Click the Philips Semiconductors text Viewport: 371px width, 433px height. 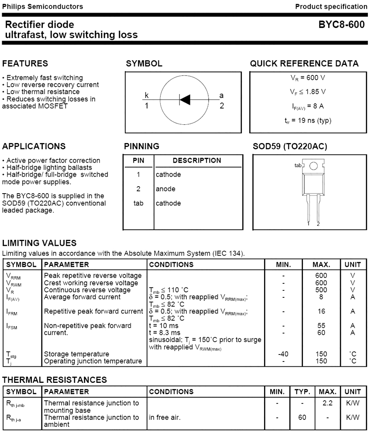(x=42, y=7)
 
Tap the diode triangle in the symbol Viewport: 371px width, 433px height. (x=185, y=100)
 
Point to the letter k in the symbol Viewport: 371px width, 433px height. (x=147, y=95)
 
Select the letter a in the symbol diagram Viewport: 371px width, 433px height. (x=221, y=95)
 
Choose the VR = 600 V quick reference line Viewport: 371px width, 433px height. (x=307, y=78)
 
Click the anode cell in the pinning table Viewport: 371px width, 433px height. (x=166, y=189)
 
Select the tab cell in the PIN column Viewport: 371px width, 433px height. (x=138, y=203)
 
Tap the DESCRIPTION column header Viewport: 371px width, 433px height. (x=197, y=160)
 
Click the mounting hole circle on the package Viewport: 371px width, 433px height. (x=313, y=166)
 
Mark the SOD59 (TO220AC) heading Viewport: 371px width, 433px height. (x=290, y=146)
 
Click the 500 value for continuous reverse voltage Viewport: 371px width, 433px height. (x=321, y=290)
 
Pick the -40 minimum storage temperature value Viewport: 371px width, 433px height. (x=283, y=354)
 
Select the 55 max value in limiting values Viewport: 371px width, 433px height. (x=321, y=326)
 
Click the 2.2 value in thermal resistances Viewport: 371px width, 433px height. (x=327, y=403)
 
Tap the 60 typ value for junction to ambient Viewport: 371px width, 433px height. (x=302, y=417)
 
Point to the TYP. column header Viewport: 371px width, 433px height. (x=302, y=392)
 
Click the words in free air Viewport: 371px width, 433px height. (x=165, y=417)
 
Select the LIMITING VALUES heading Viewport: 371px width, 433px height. (x=39, y=243)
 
